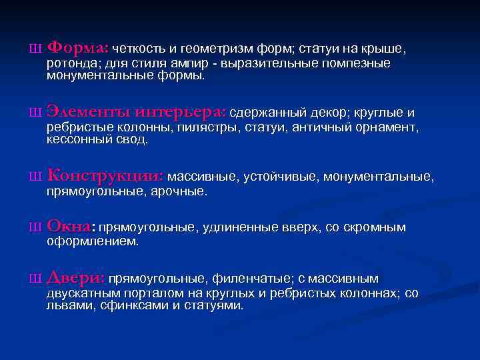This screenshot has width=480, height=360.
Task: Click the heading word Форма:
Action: [x=77, y=49]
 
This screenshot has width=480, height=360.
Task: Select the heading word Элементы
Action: [x=87, y=111]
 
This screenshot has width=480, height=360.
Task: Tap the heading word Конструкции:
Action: [x=105, y=176]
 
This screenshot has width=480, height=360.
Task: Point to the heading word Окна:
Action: [x=71, y=227]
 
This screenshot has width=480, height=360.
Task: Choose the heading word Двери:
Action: [x=75, y=277]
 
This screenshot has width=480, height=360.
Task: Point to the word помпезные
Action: [x=358, y=64]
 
